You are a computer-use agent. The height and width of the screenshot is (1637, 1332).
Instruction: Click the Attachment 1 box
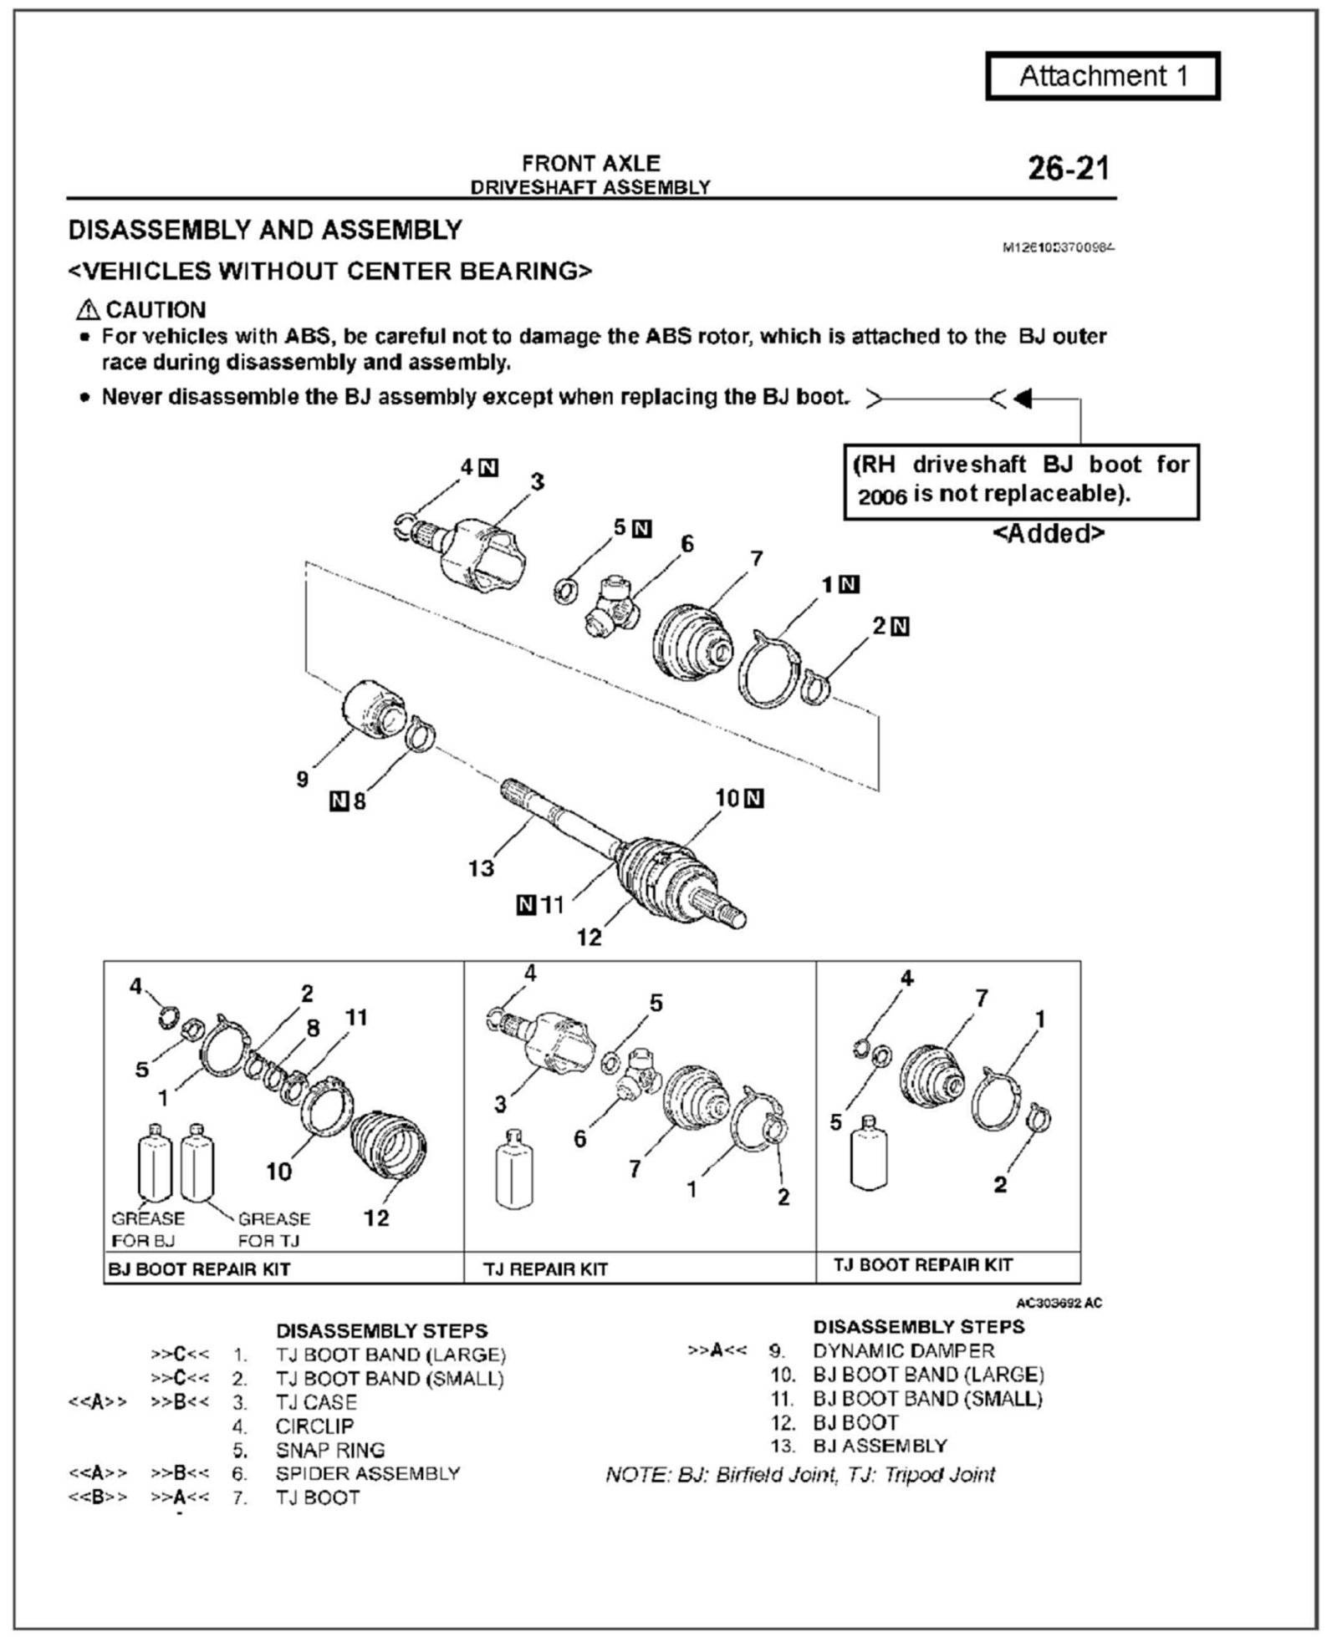coord(1103,77)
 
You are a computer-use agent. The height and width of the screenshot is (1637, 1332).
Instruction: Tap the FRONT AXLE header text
coord(590,163)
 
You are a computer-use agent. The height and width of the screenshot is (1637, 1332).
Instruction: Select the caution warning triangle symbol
coord(86,310)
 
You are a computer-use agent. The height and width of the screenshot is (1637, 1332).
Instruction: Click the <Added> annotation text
coord(1049,533)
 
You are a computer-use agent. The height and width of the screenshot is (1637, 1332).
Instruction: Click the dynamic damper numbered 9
coord(374,709)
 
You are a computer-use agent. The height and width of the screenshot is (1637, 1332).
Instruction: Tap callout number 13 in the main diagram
coord(481,868)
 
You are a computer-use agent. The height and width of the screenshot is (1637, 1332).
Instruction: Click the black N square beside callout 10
coord(754,799)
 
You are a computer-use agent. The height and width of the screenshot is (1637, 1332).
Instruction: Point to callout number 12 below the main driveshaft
coord(589,938)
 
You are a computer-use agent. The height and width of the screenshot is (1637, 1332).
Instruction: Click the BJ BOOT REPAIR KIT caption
coord(199,1269)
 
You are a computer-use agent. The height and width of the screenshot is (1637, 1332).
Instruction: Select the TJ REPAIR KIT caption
coord(545,1269)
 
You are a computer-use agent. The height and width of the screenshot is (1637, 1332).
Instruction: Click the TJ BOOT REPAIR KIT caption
coord(922,1265)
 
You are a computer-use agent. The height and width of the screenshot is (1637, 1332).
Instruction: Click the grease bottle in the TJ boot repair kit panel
coord(869,1154)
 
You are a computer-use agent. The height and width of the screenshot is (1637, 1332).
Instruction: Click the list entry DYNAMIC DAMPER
coord(903,1350)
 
